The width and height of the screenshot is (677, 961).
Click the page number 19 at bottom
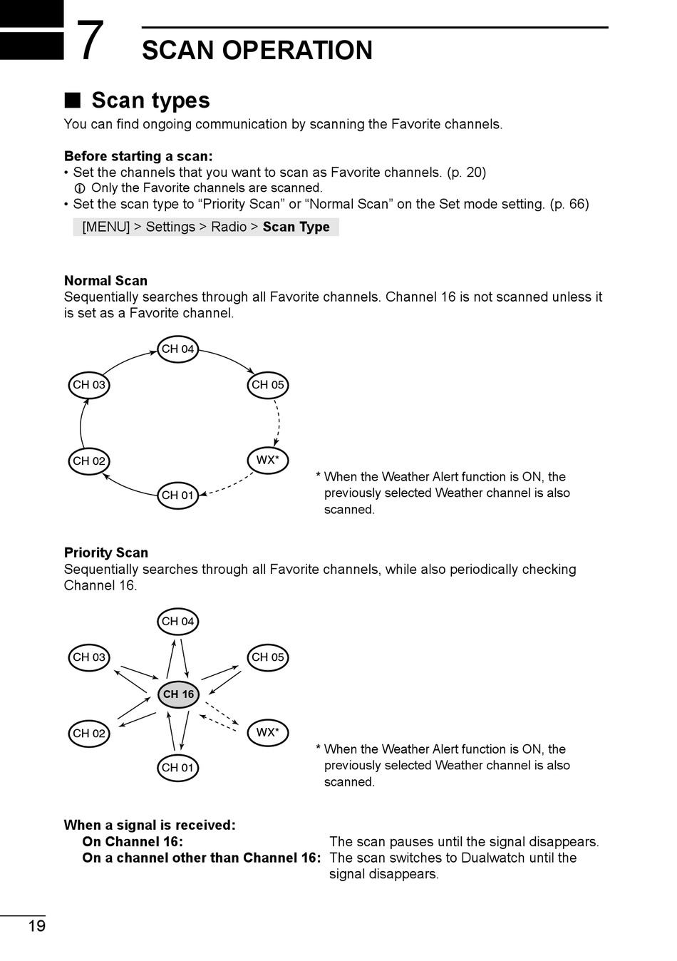(x=36, y=926)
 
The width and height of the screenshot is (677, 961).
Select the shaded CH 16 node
(x=178, y=694)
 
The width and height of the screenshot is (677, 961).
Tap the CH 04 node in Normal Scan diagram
(x=177, y=349)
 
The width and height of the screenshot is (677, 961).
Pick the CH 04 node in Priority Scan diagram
(x=177, y=622)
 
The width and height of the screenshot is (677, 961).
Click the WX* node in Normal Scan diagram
(x=267, y=461)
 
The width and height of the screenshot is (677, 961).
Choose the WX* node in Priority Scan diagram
(x=267, y=733)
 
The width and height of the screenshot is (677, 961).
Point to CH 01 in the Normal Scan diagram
(x=177, y=495)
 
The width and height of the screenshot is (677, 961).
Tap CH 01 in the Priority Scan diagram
(x=177, y=768)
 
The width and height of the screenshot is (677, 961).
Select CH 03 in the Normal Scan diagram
(x=89, y=385)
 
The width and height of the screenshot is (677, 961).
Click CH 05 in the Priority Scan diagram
(x=267, y=657)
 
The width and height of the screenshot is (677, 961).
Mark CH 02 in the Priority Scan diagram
(x=89, y=734)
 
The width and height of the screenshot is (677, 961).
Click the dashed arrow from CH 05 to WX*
(x=277, y=422)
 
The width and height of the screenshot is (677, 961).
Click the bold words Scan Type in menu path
(x=296, y=227)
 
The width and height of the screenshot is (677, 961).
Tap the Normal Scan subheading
(x=105, y=281)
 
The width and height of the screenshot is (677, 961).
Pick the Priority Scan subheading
(x=106, y=553)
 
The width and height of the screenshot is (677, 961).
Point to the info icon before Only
(x=80, y=188)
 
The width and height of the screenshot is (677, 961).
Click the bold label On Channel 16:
(x=133, y=842)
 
